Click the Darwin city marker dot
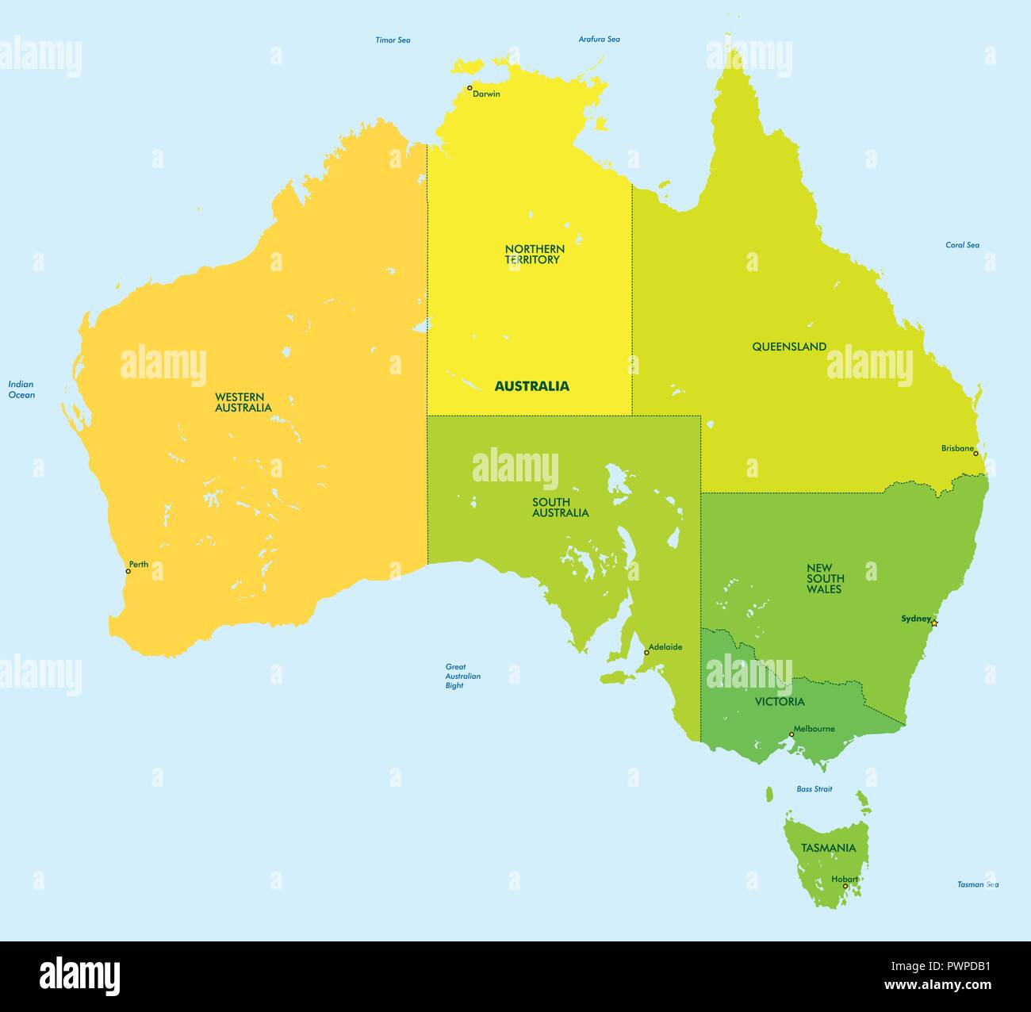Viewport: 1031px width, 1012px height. [470, 88]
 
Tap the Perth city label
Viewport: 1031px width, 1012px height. [139, 565]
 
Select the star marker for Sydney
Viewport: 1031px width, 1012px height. [934, 623]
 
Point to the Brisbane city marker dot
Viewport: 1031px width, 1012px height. [975, 454]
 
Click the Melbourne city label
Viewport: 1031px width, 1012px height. [814, 729]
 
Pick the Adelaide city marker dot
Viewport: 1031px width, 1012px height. [646, 653]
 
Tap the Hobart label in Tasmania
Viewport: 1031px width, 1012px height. [845, 879]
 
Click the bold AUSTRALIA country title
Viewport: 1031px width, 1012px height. [531, 386]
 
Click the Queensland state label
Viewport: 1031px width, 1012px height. [789, 347]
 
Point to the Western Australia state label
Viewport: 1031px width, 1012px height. [243, 402]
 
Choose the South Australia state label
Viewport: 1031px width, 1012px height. [560, 507]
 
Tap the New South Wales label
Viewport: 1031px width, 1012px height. [825, 578]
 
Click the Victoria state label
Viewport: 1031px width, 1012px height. [780, 701]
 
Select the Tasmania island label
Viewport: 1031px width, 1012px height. [828, 848]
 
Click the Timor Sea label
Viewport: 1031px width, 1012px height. [393, 40]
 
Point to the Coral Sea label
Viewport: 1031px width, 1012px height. [962, 245]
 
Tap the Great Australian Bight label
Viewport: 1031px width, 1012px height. [462, 676]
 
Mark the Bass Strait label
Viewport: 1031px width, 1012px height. [814, 789]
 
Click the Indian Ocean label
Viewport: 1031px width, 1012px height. [21, 389]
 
